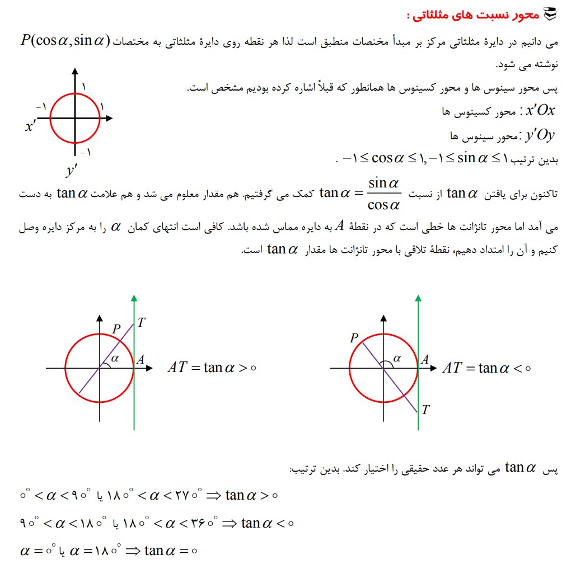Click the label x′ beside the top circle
coord(30,127)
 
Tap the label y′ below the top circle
coord(71,170)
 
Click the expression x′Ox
coord(540,110)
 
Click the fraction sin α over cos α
coord(384,194)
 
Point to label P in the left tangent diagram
coord(116,329)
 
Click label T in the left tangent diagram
coord(142,322)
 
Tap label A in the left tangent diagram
coord(141,359)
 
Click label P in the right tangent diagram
coord(354,338)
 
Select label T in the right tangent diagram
coord(425,410)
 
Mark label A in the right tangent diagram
coord(425,359)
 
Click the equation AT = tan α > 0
coord(212,368)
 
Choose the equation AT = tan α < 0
coord(486,368)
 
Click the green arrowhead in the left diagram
coord(134,298)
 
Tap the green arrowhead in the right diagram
coord(418,298)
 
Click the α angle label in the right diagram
coord(397,359)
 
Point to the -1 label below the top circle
coord(85,152)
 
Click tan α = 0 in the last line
coord(171,551)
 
